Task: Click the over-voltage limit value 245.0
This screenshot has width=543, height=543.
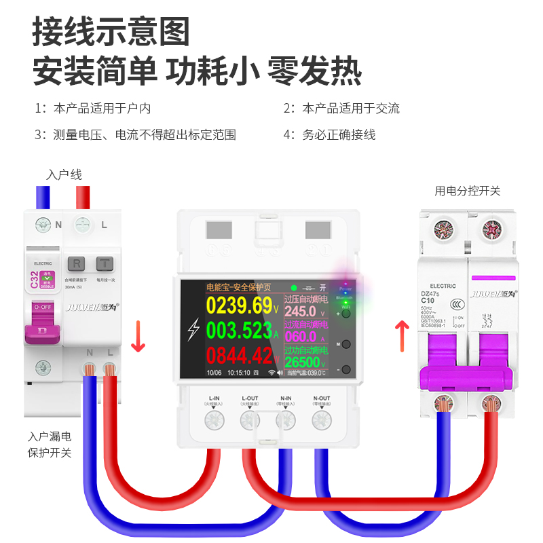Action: click(x=300, y=312)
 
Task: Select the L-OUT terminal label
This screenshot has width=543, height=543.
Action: click(x=250, y=398)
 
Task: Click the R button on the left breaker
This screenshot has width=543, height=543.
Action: click(x=77, y=263)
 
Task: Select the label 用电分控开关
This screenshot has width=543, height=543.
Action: click(x=468, y=191)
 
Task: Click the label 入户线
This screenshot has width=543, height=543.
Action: click(x=64, y=175)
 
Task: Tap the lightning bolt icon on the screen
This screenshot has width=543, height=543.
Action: click(x=193, y=331)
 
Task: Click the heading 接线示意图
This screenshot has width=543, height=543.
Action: click(x=111, y=32)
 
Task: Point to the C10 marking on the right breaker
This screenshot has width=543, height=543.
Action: click(x=428, y=300)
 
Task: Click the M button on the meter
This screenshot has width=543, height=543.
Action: click(x=346, y=343)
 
